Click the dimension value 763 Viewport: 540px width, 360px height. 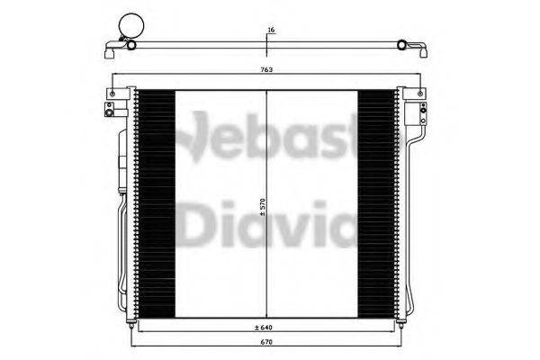[x=268, y=69]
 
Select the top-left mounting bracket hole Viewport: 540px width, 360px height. [x=112, y=93]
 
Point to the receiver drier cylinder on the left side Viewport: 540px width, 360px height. [x=119, y=171]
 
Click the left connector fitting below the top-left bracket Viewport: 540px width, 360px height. [x=111, y=112]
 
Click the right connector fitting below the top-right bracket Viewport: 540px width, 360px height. [x=418, y=112]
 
